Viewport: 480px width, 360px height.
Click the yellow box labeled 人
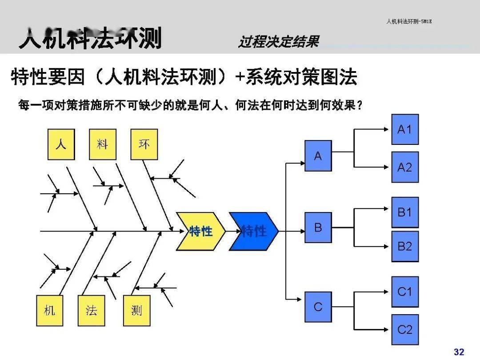coord(61,144)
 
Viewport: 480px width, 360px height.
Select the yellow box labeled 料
coord(103,144)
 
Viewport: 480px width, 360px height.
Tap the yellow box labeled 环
coord(144,144)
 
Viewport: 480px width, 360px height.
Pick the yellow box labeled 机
coord(49,310)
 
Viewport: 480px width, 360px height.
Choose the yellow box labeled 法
coord(91,310)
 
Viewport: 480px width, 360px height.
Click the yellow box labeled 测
coord(136,310)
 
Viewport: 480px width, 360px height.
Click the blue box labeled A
coord(318,156)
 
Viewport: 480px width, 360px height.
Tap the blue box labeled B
coord(318,228)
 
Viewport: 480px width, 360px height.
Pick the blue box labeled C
coord(318,307)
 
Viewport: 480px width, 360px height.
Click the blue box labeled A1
coord(404,129)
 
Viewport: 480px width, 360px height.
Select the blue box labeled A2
coord(404,167)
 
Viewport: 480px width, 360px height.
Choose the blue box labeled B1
coord(404,212)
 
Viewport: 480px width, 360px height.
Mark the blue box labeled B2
coord(404,246)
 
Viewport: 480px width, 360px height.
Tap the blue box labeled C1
coord(404,292)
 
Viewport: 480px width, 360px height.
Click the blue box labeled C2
coord(404,329)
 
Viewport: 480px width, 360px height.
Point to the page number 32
coord(459,352)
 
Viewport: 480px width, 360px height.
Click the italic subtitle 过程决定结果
coord(279,42)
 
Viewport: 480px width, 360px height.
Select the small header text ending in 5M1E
coord(409,21)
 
